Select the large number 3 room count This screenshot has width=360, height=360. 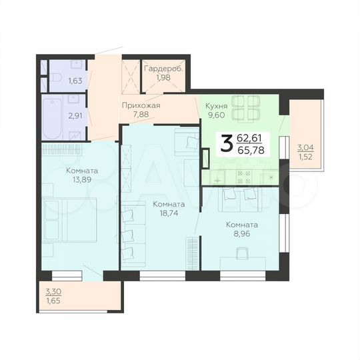[x=227, y=142]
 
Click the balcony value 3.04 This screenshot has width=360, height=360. [x=305, y=148]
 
